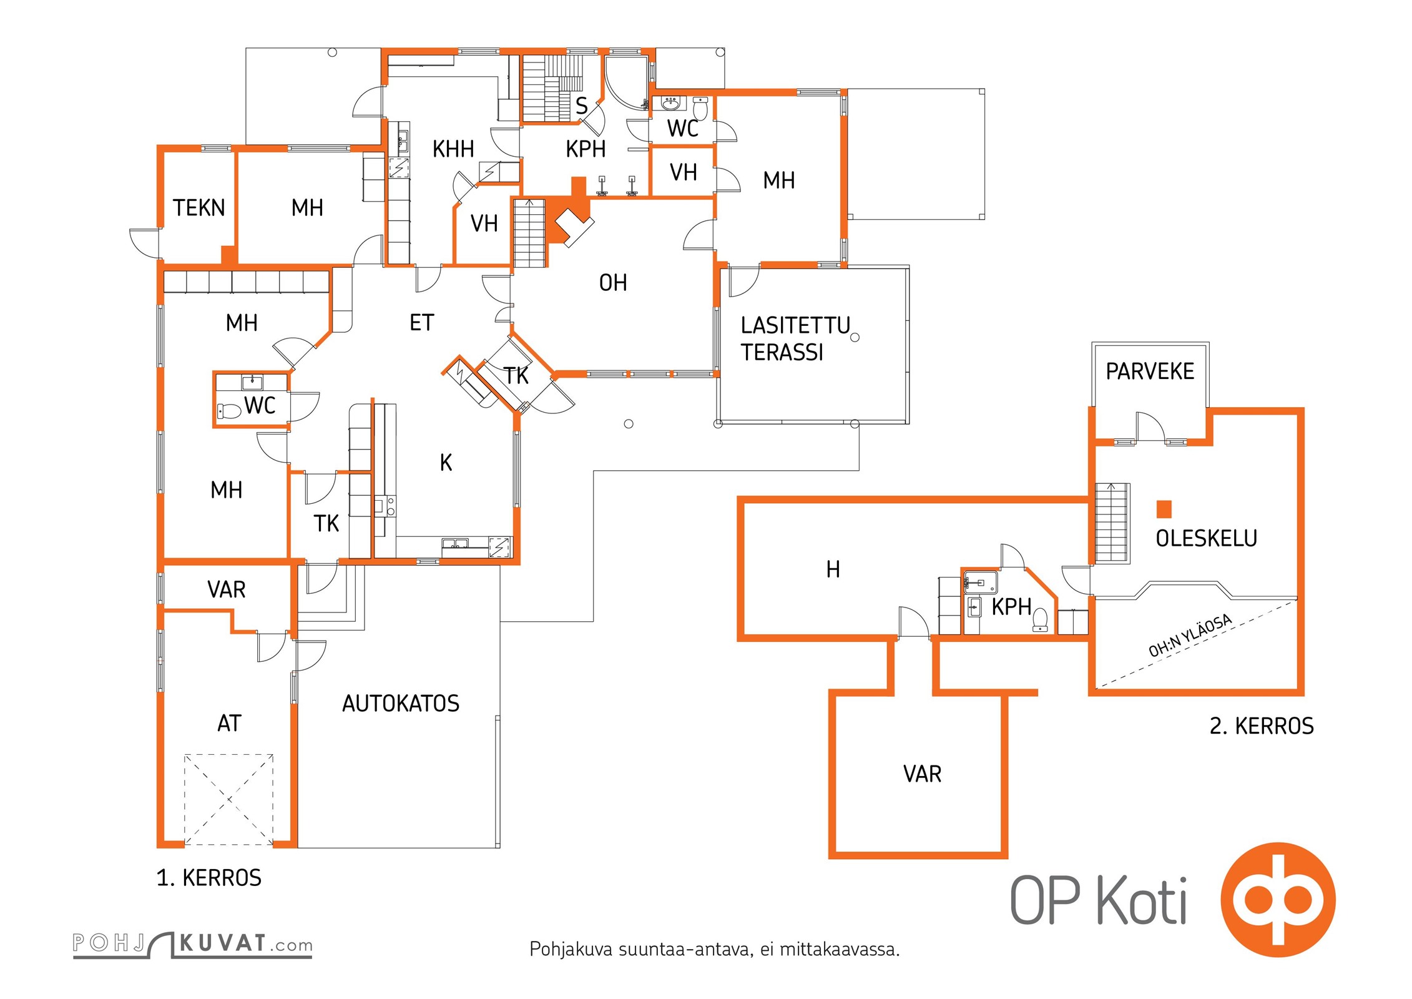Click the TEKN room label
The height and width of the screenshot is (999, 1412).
click(199, 208)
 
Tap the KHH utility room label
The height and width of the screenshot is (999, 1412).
click(453, 150)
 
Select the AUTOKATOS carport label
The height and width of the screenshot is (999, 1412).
click(401, 704)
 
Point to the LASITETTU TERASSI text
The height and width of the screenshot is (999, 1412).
click(795, 339)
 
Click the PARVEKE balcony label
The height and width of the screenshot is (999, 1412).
click(1150, 372)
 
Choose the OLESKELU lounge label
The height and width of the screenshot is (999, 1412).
click(1206, 538)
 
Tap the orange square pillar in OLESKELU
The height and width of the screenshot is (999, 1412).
click(1164, 509)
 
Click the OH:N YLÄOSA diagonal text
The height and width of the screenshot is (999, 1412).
click(1190, 635)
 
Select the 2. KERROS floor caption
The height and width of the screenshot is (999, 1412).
click(1262, 726)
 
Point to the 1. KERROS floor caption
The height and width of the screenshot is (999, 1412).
click(208, 878)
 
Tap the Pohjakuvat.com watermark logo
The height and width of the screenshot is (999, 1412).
click(192, 944)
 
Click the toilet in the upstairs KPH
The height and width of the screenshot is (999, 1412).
click(1040, 619)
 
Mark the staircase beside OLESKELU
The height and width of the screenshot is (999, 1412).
click(1112, 523)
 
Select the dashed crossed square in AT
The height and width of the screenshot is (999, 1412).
click(228, 799)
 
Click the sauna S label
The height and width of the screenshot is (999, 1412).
click(581, 106)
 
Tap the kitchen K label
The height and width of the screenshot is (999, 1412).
click(446, 463)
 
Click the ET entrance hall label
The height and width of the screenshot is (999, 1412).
click(421, 323)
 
